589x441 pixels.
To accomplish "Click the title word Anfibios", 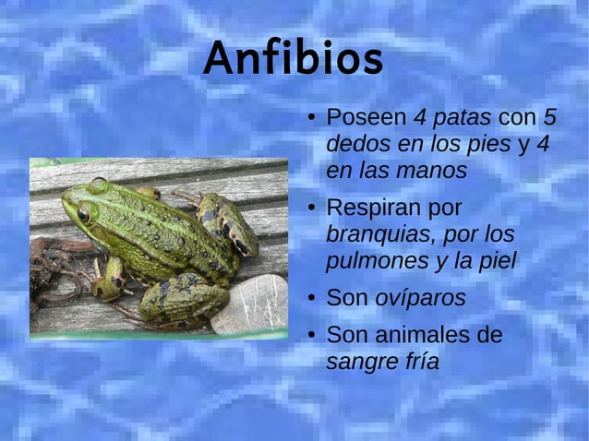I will [x=293, y=60].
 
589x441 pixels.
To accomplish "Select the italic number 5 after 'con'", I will [x=549, y=119].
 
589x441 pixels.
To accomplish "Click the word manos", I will [x=433, y=172].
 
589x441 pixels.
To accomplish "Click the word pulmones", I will [x=376, y=261].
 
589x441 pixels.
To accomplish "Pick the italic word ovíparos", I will [x=420, y=298].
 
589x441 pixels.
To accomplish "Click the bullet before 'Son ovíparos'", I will [x=313, y=298].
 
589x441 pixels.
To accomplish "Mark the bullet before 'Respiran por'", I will [x=313, y=208].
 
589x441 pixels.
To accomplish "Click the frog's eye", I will [x=84, y=213].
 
